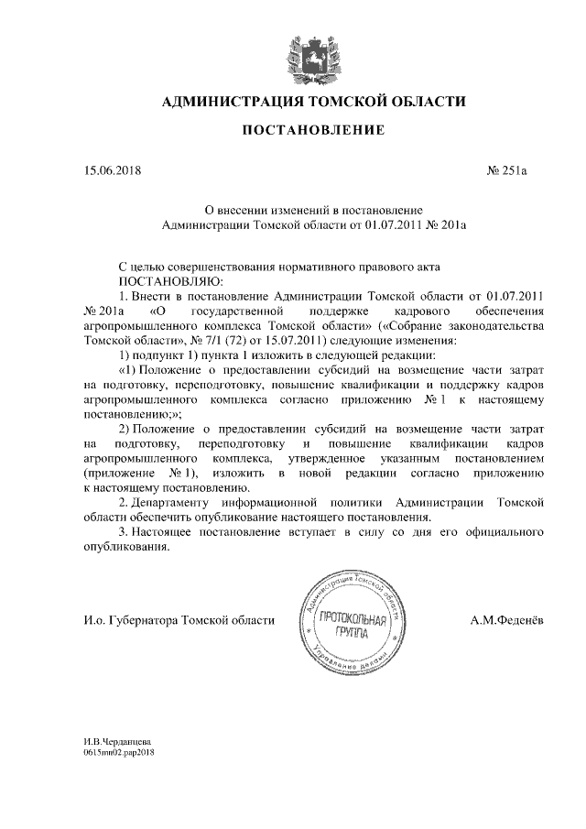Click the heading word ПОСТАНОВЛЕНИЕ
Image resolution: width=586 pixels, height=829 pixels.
click(x=312, y=131)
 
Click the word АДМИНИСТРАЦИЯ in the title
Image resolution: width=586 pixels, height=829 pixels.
click(x=231, y=100)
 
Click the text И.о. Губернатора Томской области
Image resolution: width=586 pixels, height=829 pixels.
click(x=179, y=620)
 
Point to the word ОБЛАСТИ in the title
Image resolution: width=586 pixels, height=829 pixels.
click(x=421, y=100)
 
